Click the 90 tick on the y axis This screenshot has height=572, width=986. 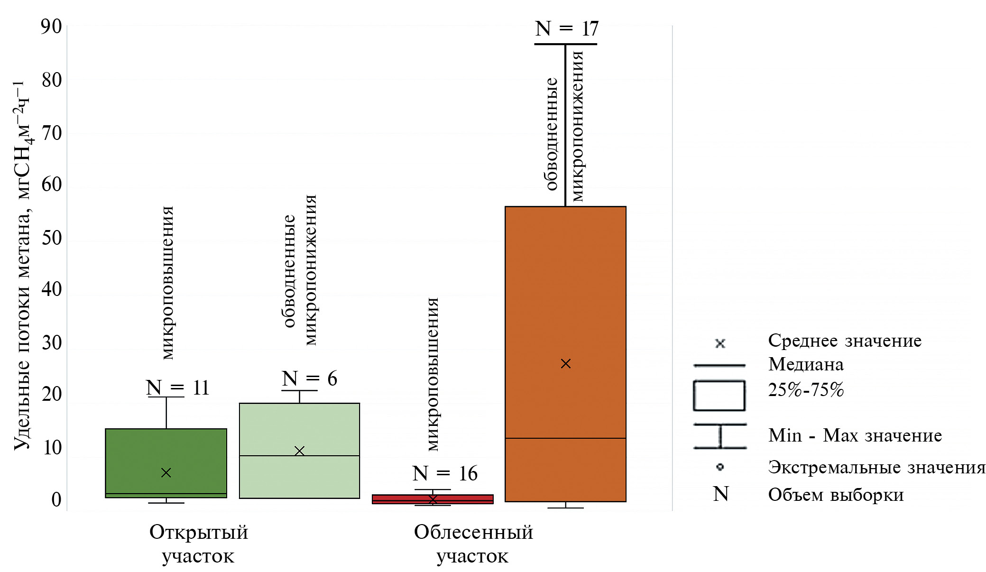51,27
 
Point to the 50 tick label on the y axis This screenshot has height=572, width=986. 52,238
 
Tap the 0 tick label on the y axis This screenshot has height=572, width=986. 56,499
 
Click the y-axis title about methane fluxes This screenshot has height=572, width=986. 22,266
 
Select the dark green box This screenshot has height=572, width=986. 166,463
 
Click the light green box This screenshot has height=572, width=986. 299,451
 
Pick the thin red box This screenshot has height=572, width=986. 433,499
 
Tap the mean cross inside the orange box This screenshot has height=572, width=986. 565,364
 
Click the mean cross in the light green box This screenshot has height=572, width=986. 299,451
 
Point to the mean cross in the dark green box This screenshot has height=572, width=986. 166,472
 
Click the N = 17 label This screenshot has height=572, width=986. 567,29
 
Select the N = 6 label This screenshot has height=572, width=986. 309,379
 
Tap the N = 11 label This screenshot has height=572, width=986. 177,388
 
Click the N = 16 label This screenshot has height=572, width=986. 445,473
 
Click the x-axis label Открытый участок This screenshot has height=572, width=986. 199,544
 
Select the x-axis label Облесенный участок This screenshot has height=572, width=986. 473,544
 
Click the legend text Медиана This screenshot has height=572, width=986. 806,364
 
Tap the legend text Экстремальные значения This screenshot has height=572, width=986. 876,467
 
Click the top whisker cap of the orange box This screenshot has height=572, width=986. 565,44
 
